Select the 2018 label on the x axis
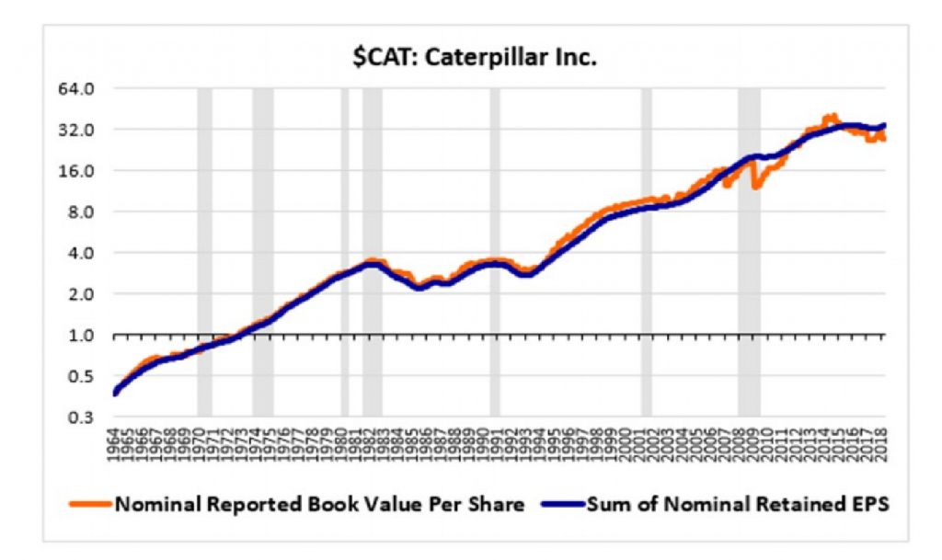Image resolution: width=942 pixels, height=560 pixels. click(880, 441)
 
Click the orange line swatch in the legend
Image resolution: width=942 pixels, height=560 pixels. click(89, 503)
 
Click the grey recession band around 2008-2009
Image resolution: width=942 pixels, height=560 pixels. click(749, 276)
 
